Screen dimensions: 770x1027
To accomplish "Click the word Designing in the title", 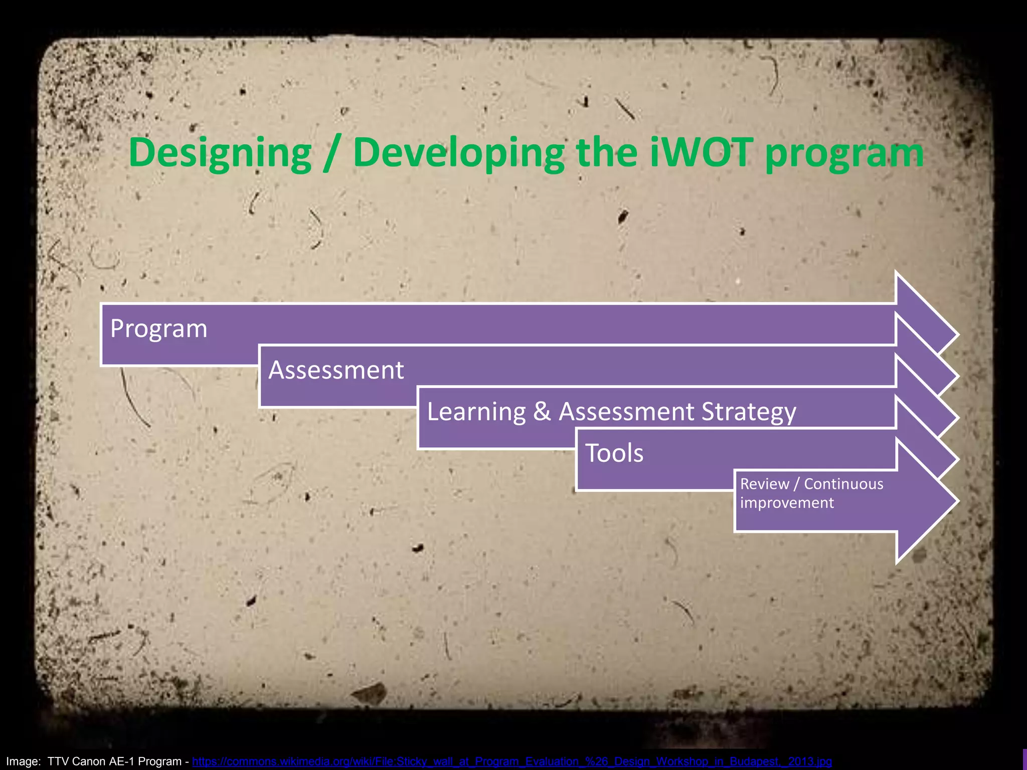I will click(220, 153).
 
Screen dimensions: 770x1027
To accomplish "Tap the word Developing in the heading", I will click(458, 153).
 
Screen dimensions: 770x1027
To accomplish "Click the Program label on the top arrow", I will click(158, 329).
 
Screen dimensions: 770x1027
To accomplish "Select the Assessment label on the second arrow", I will click(336, 370).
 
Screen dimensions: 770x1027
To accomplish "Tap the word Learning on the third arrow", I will click(476, 412).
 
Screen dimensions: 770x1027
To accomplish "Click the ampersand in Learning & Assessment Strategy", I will click(542, 412).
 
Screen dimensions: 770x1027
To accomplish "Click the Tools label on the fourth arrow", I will click(614, 453).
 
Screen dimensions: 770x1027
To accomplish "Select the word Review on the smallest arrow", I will click(764, 484).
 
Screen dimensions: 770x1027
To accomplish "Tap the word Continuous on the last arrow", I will click(843, 484).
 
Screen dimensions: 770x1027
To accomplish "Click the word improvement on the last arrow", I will click(787, 503).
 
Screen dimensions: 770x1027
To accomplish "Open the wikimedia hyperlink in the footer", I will click(511, 761).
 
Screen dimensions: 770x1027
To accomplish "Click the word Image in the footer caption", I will click(23, 761).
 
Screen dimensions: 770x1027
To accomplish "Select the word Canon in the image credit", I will click(88, 761).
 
